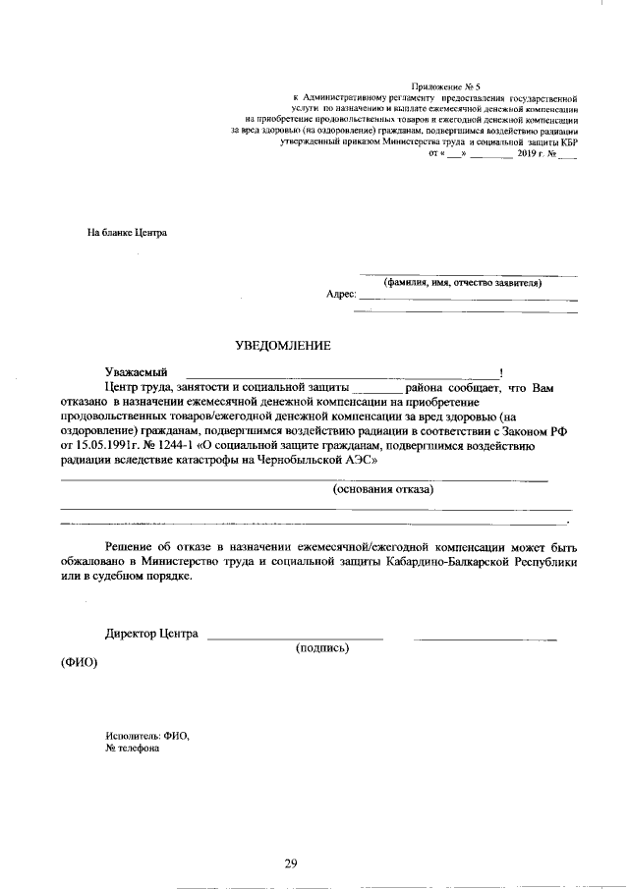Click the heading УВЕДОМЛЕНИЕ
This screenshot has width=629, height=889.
(x=282, y=345)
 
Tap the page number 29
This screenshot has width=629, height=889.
(x=291, y=863)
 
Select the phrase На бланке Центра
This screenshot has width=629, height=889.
(x=127, y=234)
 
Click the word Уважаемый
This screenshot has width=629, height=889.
(x=136, y=372)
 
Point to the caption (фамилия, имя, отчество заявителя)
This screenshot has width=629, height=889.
(x=463, y=282)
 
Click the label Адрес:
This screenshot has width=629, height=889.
(x=340, y=294)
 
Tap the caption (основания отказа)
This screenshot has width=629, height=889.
(x=383, y=488)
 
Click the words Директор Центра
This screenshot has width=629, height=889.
(x=151, y=634)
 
